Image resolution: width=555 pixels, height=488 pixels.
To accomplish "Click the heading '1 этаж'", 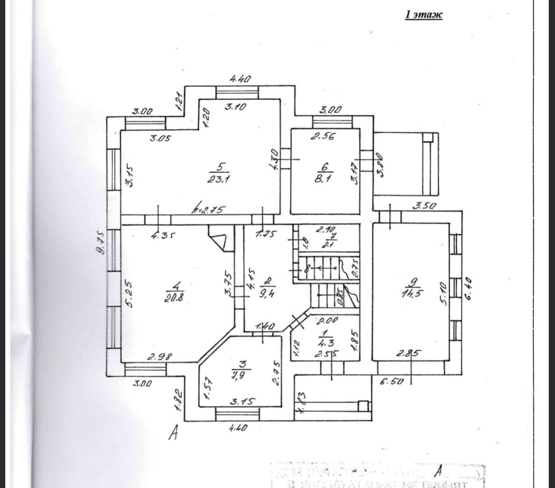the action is click(x=423, y=15).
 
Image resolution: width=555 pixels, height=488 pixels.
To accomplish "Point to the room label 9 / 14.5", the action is click(x=410, y=289).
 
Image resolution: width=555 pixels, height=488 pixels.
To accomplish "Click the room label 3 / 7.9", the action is click(x=241, y=368).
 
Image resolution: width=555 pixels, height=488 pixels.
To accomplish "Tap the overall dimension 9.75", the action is click(x=100, y=244).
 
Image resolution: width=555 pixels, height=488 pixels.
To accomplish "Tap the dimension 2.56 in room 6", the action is click(x=323, y=137).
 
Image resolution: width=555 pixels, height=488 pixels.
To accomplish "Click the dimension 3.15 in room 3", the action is click(x=243, y=401).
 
